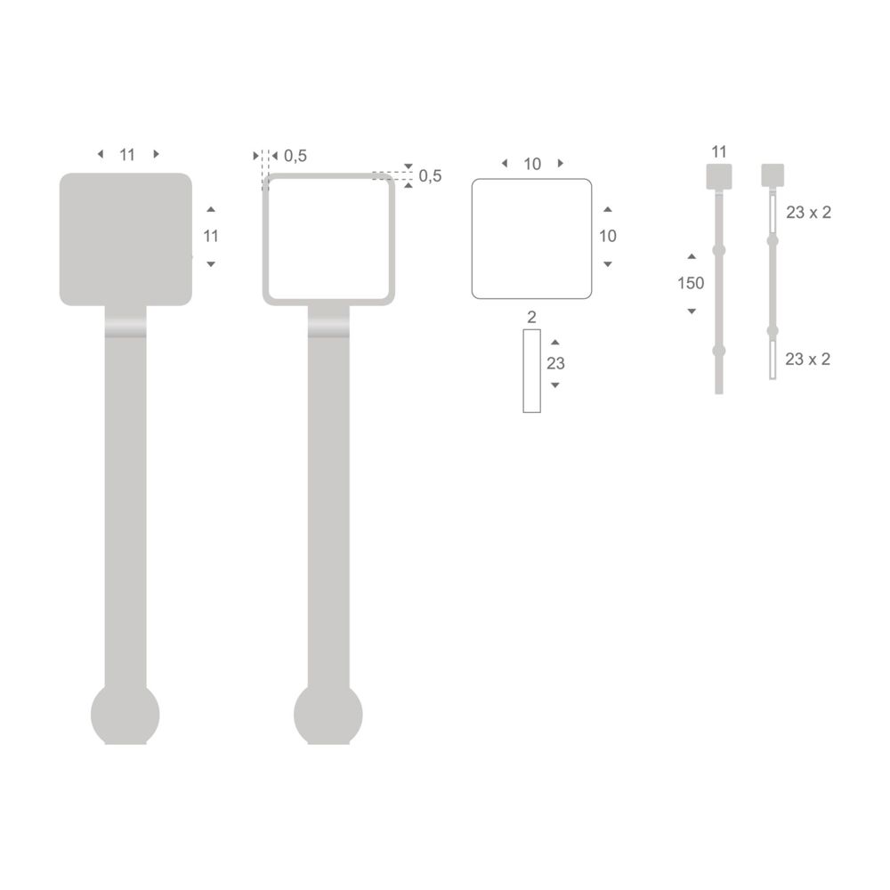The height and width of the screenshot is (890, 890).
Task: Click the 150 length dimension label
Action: point(691,284)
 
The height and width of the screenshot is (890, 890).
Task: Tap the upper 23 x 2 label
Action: point(808,213)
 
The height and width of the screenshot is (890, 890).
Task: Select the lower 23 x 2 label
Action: point(808,359)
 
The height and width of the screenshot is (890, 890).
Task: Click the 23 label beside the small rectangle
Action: point(555,363)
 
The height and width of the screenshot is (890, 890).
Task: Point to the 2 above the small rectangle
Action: point(532,317)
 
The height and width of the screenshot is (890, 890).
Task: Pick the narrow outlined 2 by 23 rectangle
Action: point(532,371)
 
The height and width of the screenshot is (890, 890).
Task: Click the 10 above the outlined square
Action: point(532,164)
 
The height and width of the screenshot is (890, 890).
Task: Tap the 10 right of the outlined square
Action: point(608,236)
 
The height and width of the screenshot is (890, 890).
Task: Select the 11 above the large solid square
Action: point(127,155)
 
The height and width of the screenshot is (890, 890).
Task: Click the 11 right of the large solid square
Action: point(211,236)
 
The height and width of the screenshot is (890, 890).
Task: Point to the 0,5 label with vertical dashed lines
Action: point(295,157)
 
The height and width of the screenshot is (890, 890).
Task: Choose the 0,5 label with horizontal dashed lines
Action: point(430,176)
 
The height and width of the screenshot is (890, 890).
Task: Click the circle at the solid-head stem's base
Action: point(125,715)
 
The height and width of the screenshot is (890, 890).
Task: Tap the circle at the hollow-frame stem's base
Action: point(328,715)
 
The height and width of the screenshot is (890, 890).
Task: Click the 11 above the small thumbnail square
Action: point(720,151)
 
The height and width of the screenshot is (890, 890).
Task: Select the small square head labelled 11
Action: point(719,176)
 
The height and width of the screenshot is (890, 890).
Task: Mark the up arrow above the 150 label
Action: point(692,257)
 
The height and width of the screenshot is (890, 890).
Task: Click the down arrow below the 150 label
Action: point(692,311)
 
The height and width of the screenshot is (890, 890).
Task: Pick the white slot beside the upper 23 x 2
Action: point(773,214)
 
